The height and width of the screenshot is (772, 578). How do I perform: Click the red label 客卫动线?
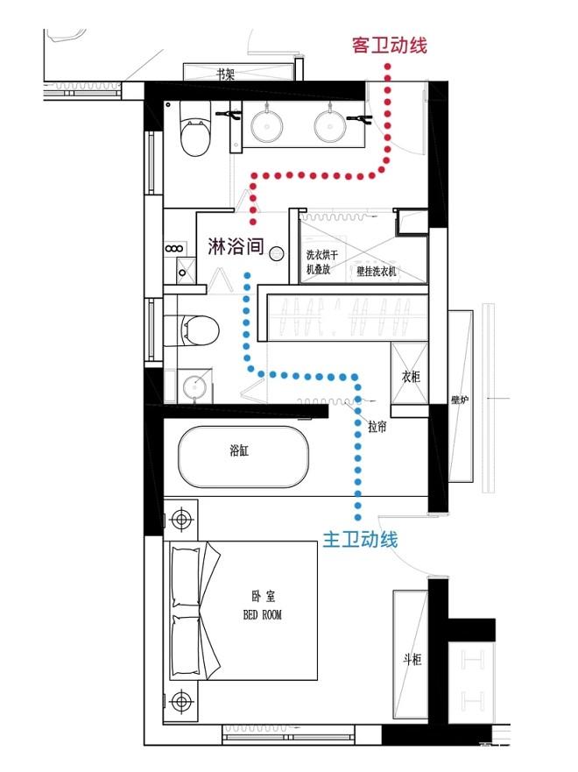(389, 46)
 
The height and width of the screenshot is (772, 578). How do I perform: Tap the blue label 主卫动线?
(360, 540)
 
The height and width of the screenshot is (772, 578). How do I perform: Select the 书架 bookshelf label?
(226, 74)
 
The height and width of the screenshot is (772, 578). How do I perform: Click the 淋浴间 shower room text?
(236, 246)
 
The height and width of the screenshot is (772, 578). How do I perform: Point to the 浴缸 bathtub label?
(240, 450)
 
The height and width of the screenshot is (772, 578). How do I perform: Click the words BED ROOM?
(263, 614)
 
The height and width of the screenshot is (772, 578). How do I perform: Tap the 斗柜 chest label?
(412, 659)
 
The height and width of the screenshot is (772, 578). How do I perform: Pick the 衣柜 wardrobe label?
(411, 377)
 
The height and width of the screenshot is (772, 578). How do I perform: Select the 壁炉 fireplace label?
(459, 400)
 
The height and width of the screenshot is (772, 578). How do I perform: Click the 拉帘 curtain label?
(377, 427)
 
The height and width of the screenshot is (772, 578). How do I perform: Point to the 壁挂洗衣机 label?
(377, 271)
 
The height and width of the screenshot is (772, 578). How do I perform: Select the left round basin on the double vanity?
(266, 126)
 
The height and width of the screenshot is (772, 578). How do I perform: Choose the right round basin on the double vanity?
(330, 126)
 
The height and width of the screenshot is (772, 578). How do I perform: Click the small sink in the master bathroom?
(194, 386)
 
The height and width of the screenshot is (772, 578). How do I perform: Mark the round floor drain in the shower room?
(277, 253)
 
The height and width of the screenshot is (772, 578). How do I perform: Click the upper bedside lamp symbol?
(181, 519)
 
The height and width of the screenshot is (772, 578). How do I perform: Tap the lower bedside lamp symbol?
(181, 701)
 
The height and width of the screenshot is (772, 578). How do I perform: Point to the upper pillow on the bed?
(186, 576)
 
